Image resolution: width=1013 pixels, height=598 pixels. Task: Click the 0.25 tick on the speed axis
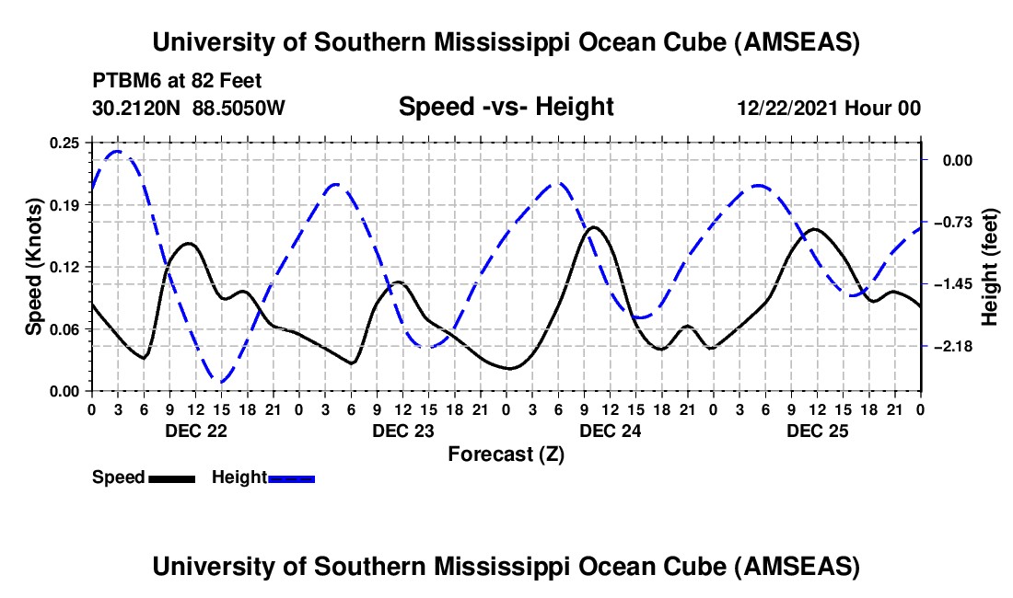point(65,143)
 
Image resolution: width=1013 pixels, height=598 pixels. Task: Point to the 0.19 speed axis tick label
point(65,205)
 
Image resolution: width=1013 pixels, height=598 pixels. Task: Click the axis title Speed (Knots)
point(34,266)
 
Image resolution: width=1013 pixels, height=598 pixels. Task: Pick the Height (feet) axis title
point(990,267)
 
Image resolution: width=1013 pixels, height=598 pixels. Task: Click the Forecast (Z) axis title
point(506,454)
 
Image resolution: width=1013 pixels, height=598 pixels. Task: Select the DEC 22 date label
point(194,431)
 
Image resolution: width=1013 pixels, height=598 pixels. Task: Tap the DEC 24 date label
point(609,431)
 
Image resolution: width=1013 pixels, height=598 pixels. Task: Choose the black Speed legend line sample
point(171,478)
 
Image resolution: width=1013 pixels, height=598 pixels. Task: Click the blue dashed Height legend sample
point(291,478)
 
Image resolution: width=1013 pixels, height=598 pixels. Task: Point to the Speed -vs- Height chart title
point(506,107)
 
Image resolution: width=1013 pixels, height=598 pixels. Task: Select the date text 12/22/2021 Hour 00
point(829,109)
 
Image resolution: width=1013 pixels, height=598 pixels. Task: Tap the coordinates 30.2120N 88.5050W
point(189,109)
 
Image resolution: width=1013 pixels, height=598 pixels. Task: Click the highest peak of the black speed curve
point(594,226)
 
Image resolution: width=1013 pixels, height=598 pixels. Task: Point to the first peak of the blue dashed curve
point(118,151)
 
